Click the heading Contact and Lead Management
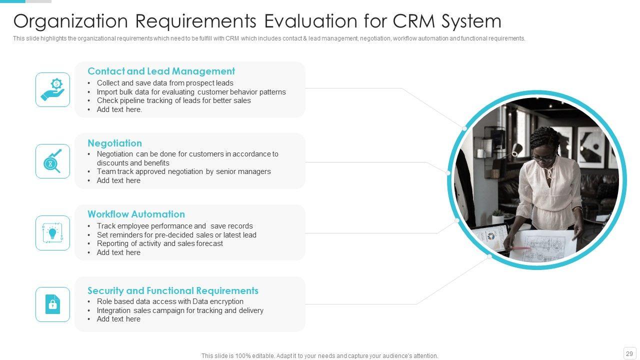click(x=161, y=71)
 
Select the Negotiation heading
click(x=114, y=143)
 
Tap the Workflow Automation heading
click(x=136, y=214)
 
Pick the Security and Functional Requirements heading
click(x=172, y=290)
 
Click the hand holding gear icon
click(x=52, y=89)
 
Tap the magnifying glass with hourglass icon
click(x=52, y=161)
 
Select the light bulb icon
click(x=52, y=233)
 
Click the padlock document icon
click(x=52, y=304)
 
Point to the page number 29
click(x=629, y=353)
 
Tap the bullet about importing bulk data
click(x=191, y=92)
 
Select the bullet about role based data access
click(x=170, y=301)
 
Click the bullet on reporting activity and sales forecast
click(x=159, y=243)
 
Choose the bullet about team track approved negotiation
click(x=183, y=171)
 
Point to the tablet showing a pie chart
click(x=490, y=237)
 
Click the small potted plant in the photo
click(x=497, y=216)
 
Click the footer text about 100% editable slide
click(x=319, y=356)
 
